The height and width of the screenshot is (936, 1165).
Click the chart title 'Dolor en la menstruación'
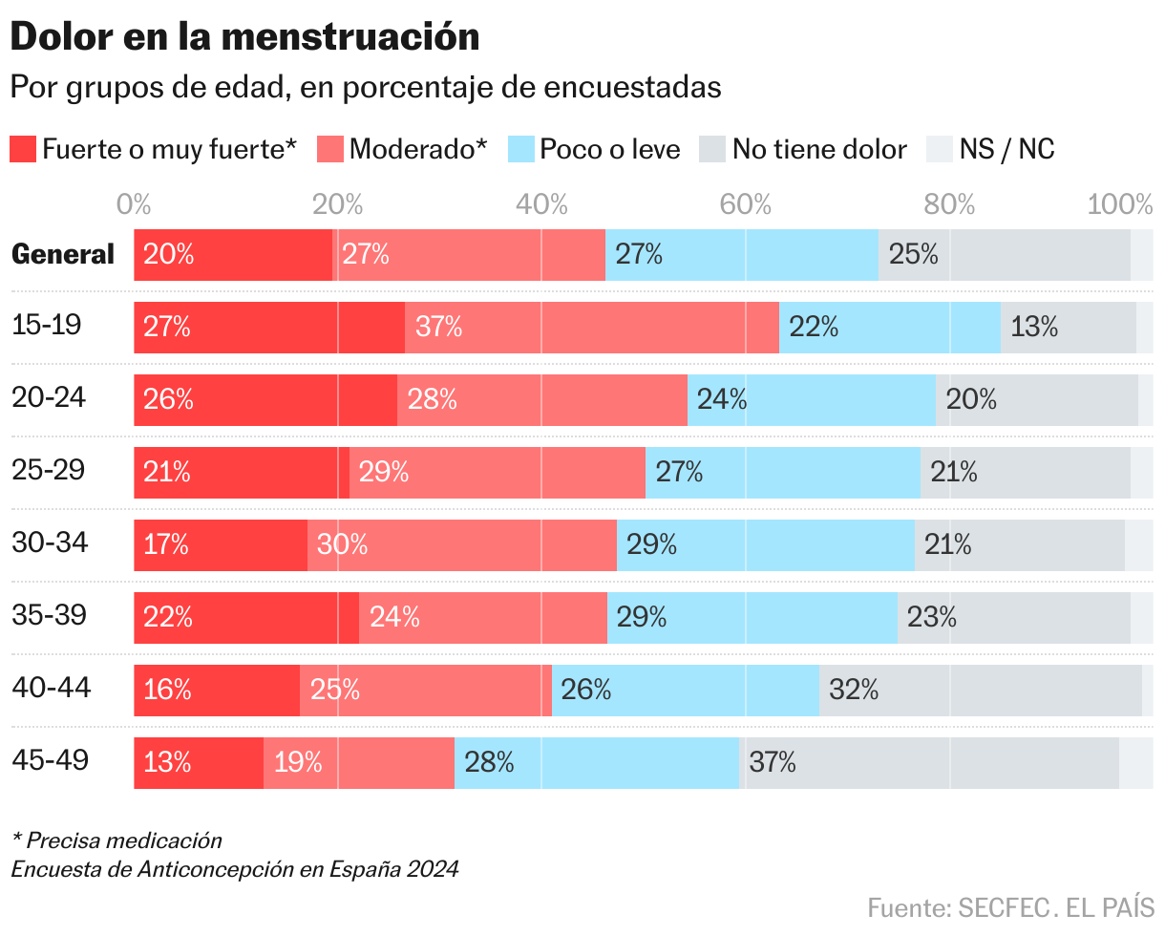coord(244,37)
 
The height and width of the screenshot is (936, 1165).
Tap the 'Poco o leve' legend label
coord(609,149)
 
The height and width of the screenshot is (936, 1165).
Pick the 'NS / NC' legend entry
coord(1006,149)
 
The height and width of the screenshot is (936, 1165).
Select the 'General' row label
coord(63,254)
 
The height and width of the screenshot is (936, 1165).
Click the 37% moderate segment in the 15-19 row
coord(592,327)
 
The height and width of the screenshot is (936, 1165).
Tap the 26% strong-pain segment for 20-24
coord(265,399)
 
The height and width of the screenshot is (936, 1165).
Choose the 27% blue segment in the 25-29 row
coord(783,472)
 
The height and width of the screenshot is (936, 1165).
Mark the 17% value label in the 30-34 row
coord(166,544)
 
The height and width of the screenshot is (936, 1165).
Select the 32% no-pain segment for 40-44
coord(981,690)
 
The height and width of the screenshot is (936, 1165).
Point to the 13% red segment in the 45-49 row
coord(199,762)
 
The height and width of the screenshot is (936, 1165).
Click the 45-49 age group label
coord(51,760)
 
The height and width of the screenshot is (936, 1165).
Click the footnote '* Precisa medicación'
coord(116,840)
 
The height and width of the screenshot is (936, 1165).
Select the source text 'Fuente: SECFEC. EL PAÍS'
coord(1010,905)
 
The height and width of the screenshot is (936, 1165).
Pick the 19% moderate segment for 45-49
coord(359,762)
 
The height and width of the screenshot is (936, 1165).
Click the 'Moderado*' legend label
coord(418,149)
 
